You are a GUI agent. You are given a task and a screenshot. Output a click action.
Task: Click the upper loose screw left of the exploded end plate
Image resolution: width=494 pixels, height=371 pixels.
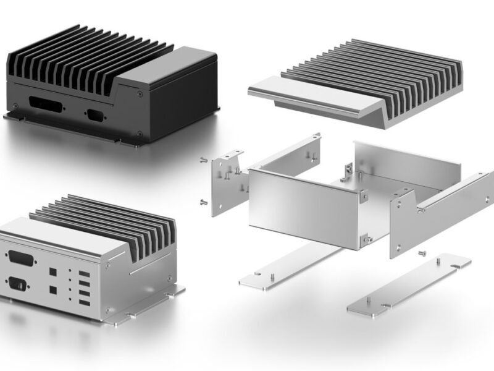(203, 160)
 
